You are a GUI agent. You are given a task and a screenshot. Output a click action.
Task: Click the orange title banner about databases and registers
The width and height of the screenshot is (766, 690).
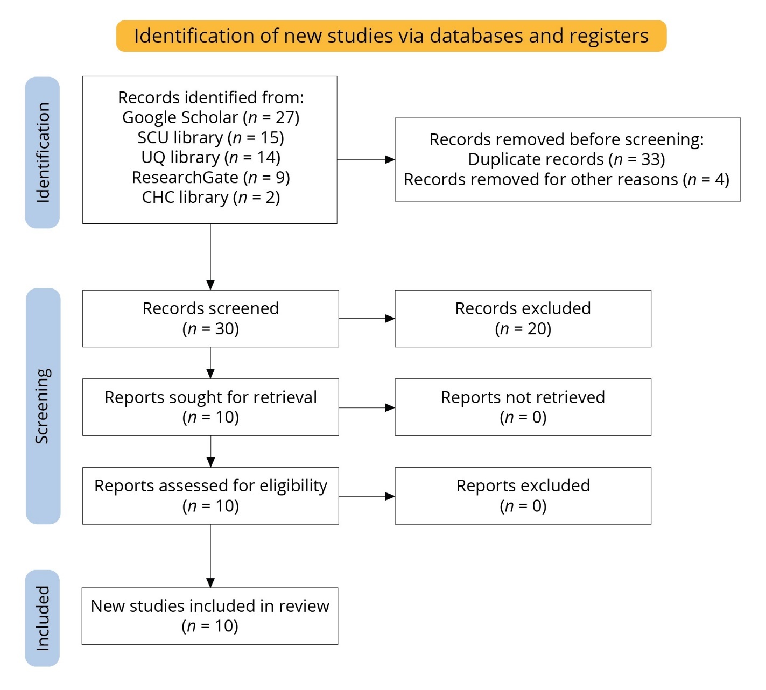[x=391, y=36]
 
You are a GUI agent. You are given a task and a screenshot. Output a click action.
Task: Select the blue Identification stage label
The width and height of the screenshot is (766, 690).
[x=43, y=152]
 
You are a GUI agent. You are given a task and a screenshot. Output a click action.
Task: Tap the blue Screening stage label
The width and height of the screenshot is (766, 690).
[x=43, y=406]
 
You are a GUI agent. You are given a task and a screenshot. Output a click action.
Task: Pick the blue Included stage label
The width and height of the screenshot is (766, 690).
[x=43, y=618]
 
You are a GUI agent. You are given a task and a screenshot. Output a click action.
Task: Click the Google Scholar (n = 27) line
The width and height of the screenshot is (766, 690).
[x=210, y=117]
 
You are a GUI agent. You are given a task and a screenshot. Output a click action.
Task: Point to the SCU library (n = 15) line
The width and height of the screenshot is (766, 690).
[x=210, y=137]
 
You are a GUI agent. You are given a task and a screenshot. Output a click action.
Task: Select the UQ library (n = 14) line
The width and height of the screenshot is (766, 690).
[x=210, y=157]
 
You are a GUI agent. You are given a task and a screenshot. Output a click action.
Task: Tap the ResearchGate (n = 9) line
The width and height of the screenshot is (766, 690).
[x=210, y=177]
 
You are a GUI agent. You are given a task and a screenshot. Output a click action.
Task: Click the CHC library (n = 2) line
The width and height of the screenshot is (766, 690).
[x=210, y=197]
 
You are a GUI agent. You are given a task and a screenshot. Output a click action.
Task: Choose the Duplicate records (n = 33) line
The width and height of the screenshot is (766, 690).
[x=566, y=159]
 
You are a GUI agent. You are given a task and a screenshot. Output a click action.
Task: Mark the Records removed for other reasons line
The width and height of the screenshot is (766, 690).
[x=566, y=179]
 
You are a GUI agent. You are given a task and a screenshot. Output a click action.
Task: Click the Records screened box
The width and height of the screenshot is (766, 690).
[x=210, y=318]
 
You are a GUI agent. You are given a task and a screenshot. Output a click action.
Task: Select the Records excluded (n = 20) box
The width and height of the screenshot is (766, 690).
[x=523, y=318]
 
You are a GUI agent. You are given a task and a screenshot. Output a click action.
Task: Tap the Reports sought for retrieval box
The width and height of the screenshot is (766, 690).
[x=210, y=407]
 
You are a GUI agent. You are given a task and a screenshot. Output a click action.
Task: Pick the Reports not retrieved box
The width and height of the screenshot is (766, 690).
[x=523, y=407]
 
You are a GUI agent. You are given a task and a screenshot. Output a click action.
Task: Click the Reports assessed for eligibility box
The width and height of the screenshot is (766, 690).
[x=210, y=496]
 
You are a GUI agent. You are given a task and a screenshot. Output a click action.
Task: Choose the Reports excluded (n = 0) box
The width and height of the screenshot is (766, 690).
[x=523, y=496]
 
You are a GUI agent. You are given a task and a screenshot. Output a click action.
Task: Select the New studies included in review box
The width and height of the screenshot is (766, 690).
[x=210, y=616]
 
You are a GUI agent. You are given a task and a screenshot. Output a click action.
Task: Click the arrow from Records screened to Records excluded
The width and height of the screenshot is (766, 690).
[x=367, y=319]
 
